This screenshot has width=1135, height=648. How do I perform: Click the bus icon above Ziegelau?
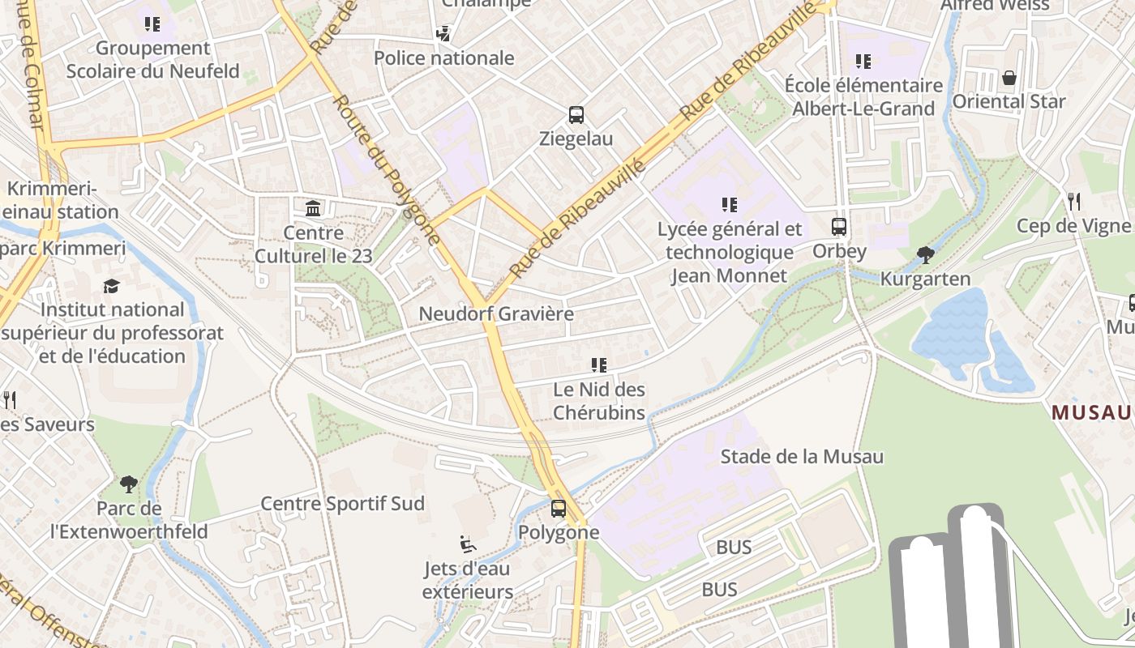click(576, 115)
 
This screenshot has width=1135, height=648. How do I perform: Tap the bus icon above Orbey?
click(839, 227)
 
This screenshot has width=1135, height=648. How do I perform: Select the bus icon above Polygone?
click(559, 509)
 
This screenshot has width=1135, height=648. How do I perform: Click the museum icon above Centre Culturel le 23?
click(313, 209)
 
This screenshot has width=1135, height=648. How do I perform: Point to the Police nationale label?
click(443, 58)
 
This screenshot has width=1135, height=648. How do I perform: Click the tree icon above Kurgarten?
click(925, 255)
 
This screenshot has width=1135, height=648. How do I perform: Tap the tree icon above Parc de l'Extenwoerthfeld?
click(128, 484)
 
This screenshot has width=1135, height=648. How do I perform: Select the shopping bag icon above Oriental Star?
click(1009, 78)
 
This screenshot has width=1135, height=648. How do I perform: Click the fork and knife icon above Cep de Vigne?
click(1074, 201)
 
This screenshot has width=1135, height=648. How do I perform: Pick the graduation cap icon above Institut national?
click(111, 286)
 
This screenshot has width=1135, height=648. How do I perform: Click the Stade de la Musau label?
click(802, 457)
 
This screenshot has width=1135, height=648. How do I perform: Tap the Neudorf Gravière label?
click(496, 314)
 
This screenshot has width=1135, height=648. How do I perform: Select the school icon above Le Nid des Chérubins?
click(599, 365)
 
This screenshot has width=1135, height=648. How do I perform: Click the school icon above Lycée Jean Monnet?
click(730, 205)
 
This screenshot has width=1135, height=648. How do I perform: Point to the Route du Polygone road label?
click(388, 170)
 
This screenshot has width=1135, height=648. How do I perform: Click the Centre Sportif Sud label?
click(342, 504)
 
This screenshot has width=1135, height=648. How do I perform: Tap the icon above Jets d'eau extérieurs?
click(467, 544)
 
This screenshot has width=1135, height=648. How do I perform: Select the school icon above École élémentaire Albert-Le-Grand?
click(863, 61)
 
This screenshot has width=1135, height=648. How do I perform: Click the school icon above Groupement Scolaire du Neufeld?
click(152, 24)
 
